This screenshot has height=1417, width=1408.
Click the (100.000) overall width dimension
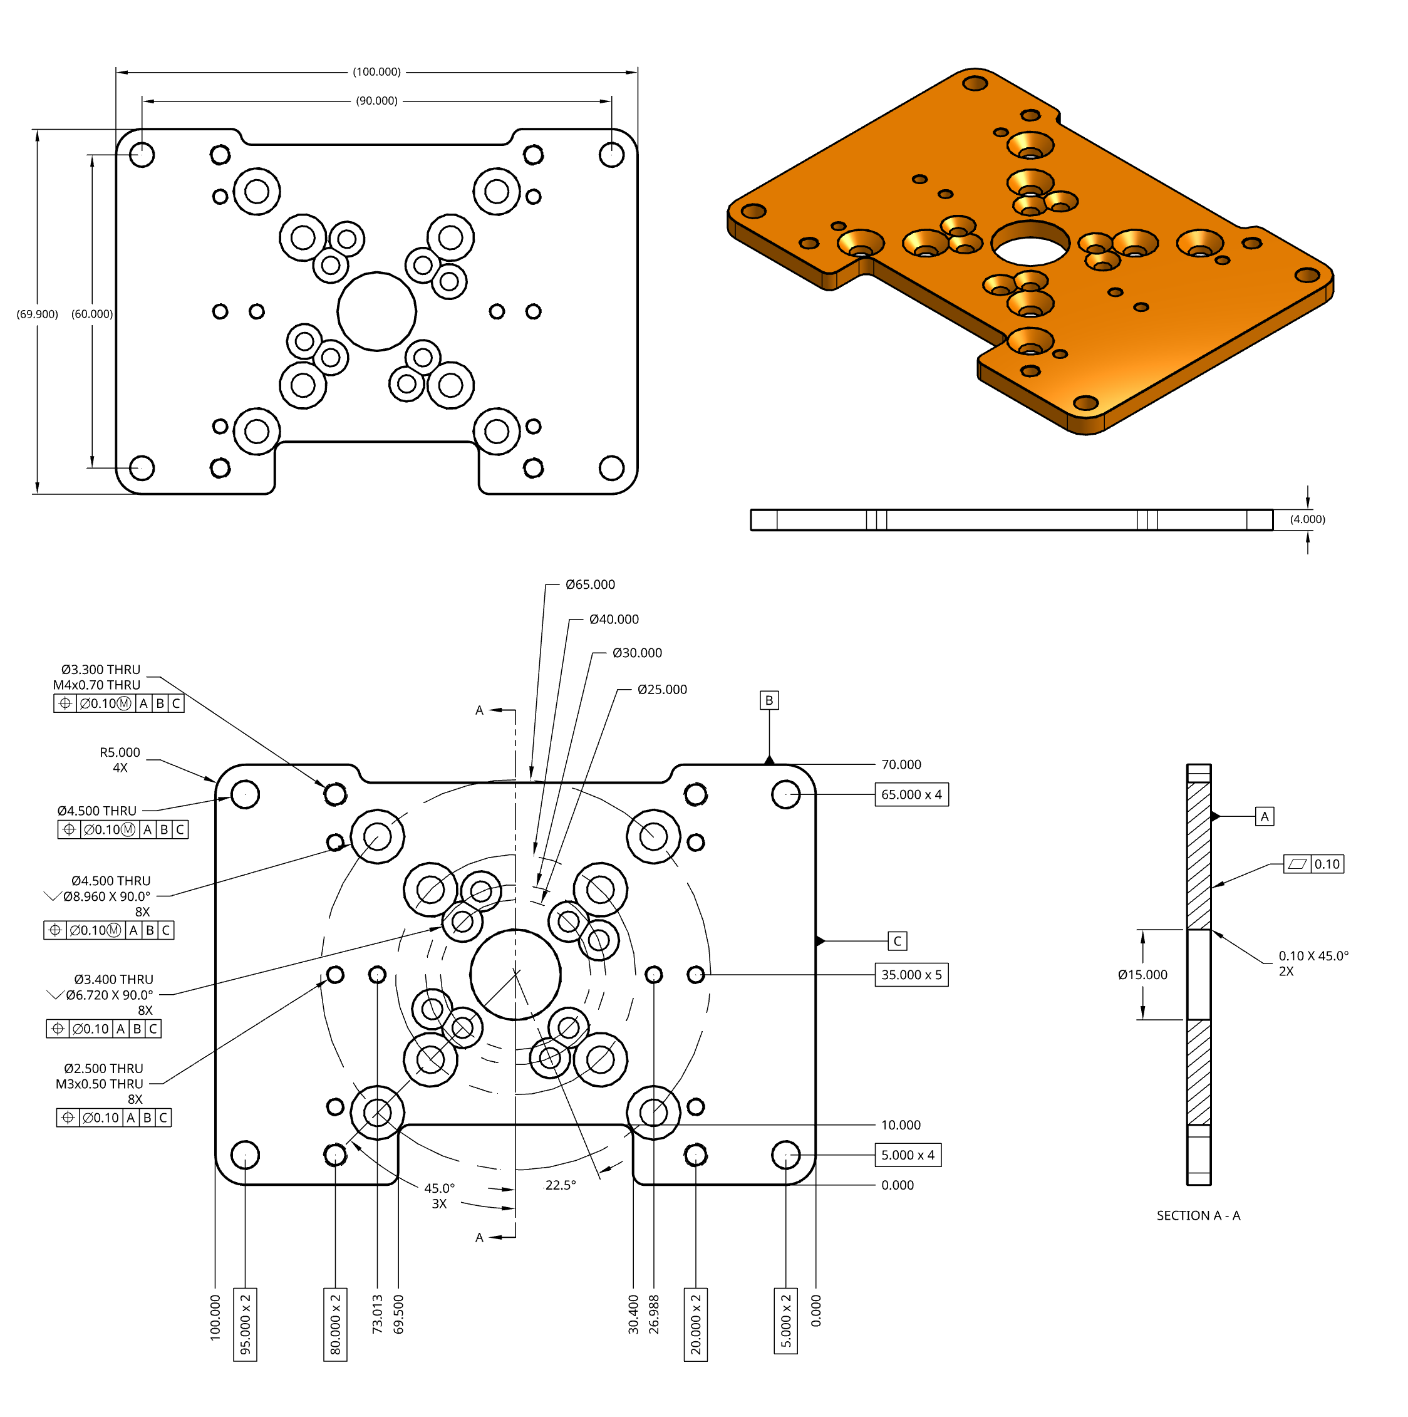pyautogui.click(x=377, y=72)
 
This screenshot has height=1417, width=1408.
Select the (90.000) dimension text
pyautogui.click(x=377, y=101)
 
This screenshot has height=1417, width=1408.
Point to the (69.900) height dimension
pyautogui.click(x=38, y=314)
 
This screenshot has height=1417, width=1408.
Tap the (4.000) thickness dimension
pyautogui.click(x=1308, y=520)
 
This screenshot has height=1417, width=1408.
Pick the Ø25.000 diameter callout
pyautogui.click(x=661, y=690)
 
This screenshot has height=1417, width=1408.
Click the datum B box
pyautogui.click(x=769, y=701)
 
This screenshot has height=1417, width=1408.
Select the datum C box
pyautogui.click(x=898, y=942)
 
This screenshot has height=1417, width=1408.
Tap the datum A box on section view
pyautogui.click(x=1265, y=817)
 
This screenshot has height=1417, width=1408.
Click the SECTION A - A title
pyautogui.click(x=1199, y=1216)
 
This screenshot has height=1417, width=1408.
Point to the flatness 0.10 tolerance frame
pyautogui.click(x=1313, y=864)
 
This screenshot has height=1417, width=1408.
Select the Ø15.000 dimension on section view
pyautogui.click(x=1142, y=975)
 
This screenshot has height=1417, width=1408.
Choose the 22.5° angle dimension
pyautogui.click(x=561, y=1186)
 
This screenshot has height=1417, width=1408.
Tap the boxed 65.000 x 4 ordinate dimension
pyautogui.click(x=911, y=795)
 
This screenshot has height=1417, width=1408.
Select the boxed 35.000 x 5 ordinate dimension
pyautogui.click(x=911, y=975)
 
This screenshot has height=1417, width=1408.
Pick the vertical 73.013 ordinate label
pyautogui.click(x=378, y=1314)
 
